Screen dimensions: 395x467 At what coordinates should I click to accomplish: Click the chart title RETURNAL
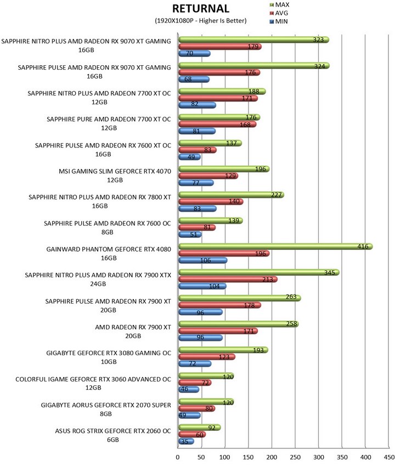point(201,8)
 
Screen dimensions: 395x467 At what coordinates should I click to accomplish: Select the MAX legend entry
point(279,5)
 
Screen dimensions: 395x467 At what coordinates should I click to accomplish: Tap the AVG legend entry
point(279,13)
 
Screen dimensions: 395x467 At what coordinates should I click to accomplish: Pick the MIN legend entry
point(279,21)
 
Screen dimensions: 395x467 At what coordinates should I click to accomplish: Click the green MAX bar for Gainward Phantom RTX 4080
point(275,247)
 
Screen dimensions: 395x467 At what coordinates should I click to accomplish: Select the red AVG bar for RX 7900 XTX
point(228,280)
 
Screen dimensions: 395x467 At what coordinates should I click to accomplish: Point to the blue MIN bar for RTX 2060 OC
point(187,441)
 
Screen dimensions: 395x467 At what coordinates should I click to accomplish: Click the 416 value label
point(363,246)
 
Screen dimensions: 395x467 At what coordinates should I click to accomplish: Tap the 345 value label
point(329,272)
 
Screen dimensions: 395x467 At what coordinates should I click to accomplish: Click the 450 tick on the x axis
point(389,457)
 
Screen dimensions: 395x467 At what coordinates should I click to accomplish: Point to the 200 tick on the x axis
point(272,457)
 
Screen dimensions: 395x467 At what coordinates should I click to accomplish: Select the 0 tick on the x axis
point(178,457)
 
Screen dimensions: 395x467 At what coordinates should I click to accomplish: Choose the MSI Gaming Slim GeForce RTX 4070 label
point(115,175)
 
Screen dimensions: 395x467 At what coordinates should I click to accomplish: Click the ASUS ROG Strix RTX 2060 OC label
point(113,435)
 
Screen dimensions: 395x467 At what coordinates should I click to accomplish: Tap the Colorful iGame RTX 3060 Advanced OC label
point(93,383)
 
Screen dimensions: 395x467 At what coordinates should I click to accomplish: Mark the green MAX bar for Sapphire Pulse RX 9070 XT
point(254,66)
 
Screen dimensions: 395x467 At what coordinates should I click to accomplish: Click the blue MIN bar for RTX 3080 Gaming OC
point(195,363)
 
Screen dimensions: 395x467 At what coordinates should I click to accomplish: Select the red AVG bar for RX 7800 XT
point(211,202)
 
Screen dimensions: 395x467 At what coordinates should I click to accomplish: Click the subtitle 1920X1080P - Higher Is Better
point(201,20)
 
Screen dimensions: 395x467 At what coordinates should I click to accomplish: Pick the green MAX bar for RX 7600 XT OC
point(210,143)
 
